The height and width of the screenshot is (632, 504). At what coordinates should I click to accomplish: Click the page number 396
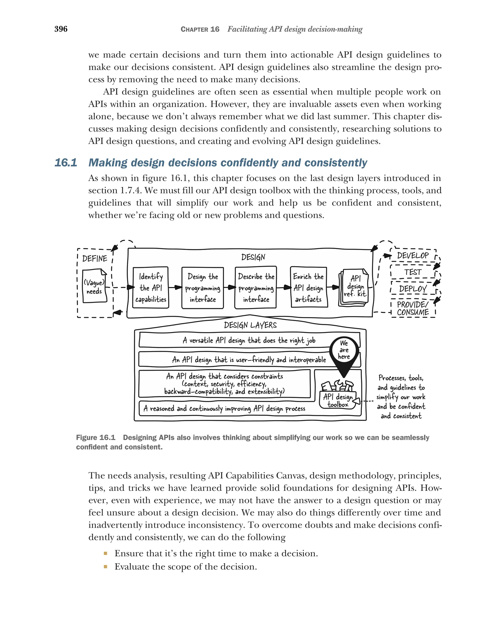pos(61,29)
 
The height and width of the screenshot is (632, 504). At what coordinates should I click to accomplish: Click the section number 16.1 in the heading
pos(66,163)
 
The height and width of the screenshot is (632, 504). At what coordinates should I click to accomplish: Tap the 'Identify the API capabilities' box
pos(150,288)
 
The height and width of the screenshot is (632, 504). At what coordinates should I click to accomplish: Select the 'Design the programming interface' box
pos(203,288)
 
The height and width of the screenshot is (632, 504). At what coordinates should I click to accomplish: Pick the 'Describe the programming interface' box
pos(256,288)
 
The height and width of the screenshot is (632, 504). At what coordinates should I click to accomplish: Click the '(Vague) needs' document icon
pos(94,287)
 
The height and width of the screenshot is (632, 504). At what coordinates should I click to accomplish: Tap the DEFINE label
pos(94,259)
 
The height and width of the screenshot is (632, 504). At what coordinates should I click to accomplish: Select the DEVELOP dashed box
pos(413,256)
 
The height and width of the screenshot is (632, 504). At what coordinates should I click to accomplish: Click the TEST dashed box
pos(413,272)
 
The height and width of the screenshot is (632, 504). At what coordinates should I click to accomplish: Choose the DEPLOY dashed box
pos(413,289)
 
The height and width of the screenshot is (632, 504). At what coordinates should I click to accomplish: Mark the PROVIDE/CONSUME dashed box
pos(413,308)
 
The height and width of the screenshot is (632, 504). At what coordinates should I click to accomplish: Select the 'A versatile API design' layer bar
pos(249,340)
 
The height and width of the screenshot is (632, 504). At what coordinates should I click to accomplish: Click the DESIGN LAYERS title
pos(250,325)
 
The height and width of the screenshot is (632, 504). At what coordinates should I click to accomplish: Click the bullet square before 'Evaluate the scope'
pos(106,567)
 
